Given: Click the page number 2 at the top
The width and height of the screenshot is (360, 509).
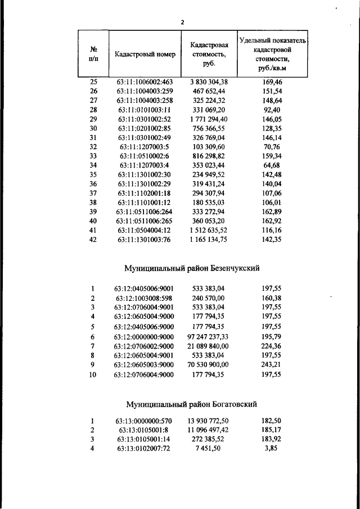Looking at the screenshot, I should (x=182, y=22).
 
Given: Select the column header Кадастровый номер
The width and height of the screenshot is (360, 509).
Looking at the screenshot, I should (x=145, y=55).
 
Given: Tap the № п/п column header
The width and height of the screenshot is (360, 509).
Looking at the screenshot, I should (x=94, y=54).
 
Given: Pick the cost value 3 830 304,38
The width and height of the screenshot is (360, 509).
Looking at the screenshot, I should (x=209, y=82).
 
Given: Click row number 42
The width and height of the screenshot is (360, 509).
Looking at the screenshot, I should (x=94, y=240).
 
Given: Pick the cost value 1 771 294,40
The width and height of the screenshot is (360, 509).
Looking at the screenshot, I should (x=209, y=119).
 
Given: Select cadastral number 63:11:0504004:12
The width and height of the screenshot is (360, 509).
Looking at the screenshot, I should (x=145, y=231).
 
